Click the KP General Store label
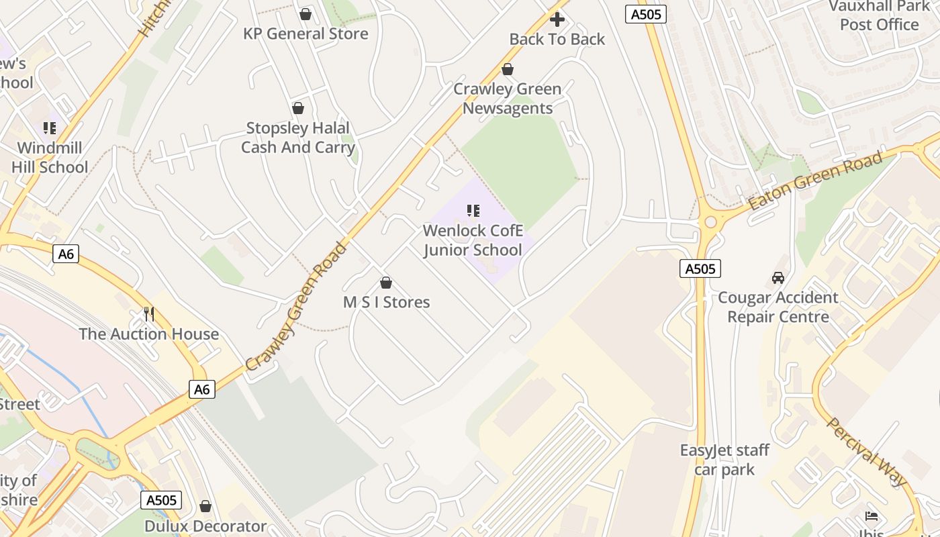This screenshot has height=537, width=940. coord(305,34)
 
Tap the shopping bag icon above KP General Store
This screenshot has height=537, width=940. coord(305,14)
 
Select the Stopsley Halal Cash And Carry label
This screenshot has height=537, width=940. coord(297,138)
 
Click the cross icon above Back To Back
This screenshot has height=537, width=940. coord(557,19)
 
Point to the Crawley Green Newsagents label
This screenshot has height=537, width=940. coord(508,99)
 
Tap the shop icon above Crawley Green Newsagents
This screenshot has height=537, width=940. coord(508,69)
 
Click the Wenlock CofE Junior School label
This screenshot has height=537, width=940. coord(473,240)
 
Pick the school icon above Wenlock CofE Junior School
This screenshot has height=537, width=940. coord(473,211)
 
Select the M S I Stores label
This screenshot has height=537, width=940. coord(386,302)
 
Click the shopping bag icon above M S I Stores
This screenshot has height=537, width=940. coord(386,283)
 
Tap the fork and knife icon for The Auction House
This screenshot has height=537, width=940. coord(149,313)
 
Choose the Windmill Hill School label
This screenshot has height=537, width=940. coord(50,157)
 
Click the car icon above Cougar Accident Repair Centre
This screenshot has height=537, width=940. coord(778,277)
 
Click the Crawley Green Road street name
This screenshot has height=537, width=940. coord(297,307)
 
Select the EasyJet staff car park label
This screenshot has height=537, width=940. coord(724,460)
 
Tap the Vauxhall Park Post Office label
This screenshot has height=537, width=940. coord(879,15)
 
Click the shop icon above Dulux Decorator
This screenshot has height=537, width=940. coord(205,506)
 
